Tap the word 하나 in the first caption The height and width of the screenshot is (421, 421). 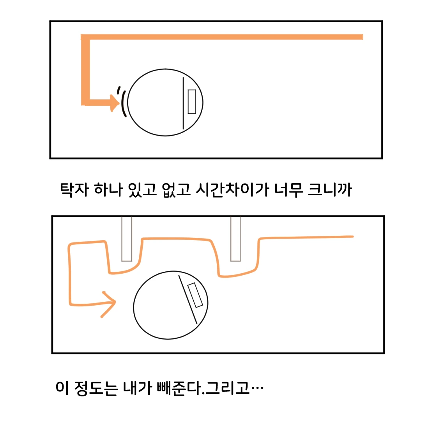click(108, 189)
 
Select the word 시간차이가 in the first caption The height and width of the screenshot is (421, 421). click(232, 189)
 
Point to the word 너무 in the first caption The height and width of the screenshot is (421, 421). click(288, 189)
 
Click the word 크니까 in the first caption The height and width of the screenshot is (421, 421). click(330, 189)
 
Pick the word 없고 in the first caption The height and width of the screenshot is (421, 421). click(177, 189)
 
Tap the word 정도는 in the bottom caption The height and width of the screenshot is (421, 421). click(96, 388)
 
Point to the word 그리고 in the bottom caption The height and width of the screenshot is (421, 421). click(227, 388)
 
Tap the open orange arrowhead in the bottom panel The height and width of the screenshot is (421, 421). click(109, 304)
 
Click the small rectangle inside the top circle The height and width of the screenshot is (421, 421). click(191, 102)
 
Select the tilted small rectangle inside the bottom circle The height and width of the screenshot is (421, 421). click(195, 295)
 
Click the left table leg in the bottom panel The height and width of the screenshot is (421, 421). click(127, 239)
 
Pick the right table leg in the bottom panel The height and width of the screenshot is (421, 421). click(235, 239)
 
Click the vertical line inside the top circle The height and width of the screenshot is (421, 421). click(183, 103)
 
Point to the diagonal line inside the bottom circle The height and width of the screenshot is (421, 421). click(188, 299)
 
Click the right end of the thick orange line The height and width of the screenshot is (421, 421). click(363, 37)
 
